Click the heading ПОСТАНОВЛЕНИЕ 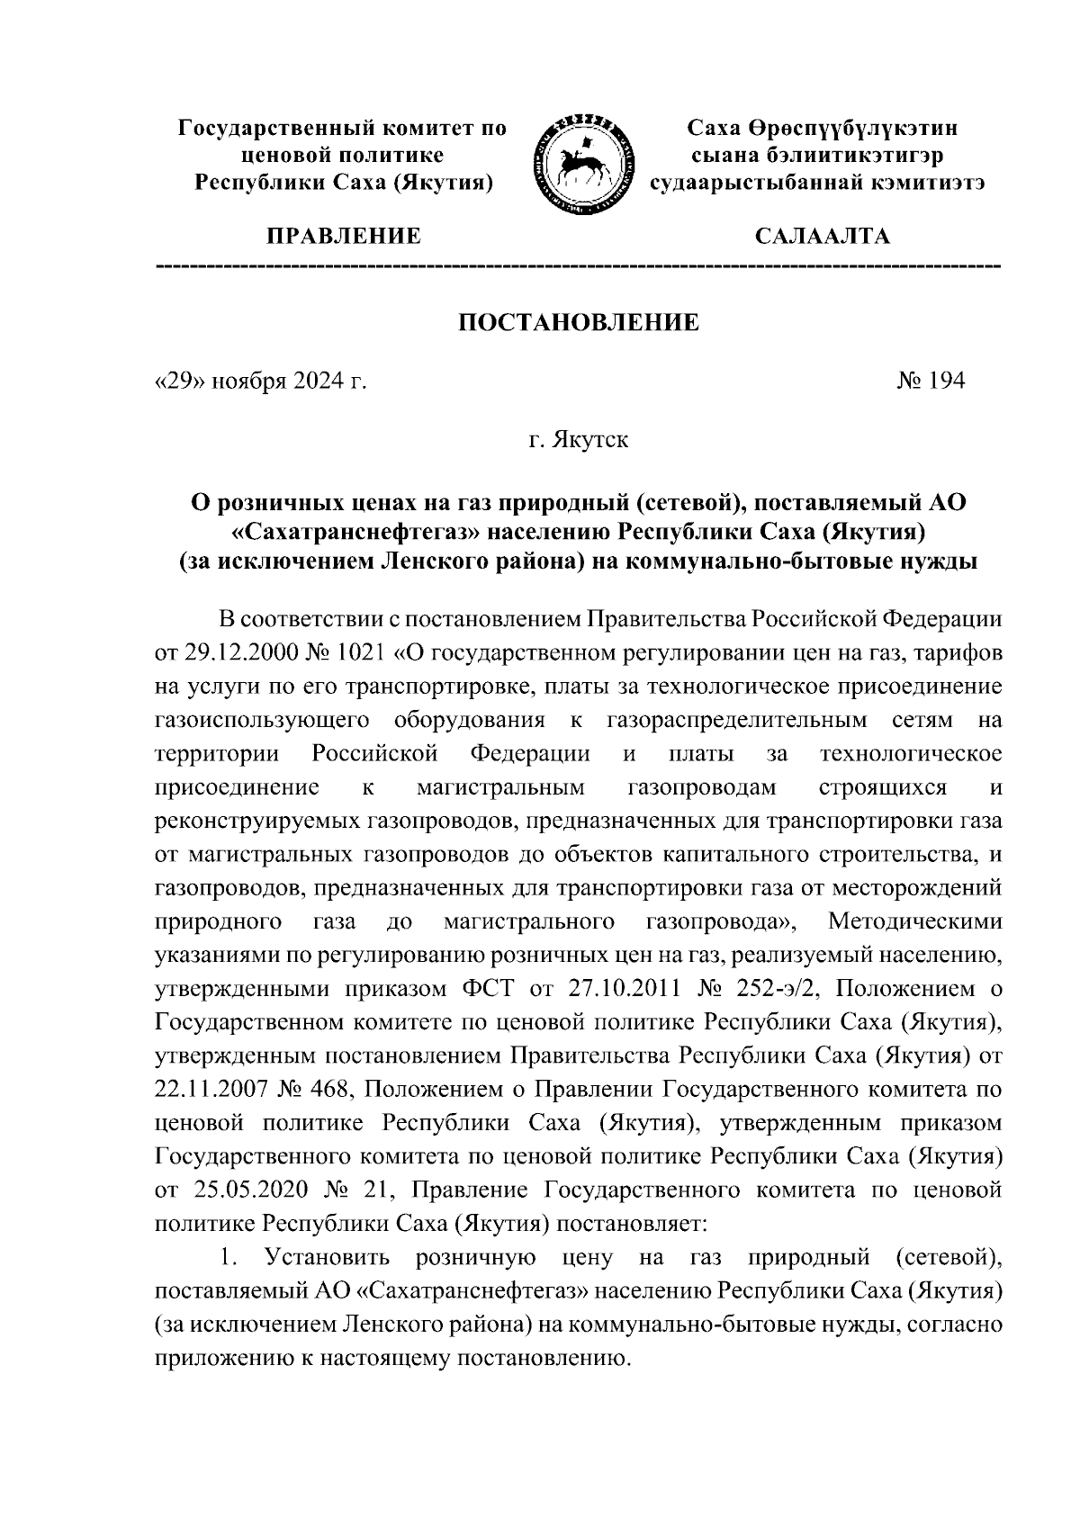(x=580, y=323)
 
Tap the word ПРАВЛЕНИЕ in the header (x=341, y=237)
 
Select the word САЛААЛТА (x=823, y=237)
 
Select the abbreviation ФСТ (x=487, y=989)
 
